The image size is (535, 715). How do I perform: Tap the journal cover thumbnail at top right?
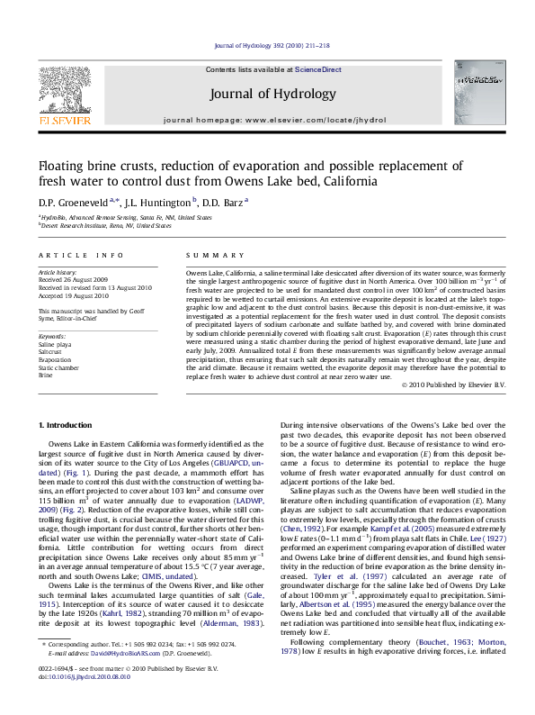477,92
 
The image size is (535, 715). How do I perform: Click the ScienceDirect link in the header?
318,69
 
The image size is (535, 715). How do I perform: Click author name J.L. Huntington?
159,203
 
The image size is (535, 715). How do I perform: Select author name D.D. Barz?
226,203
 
